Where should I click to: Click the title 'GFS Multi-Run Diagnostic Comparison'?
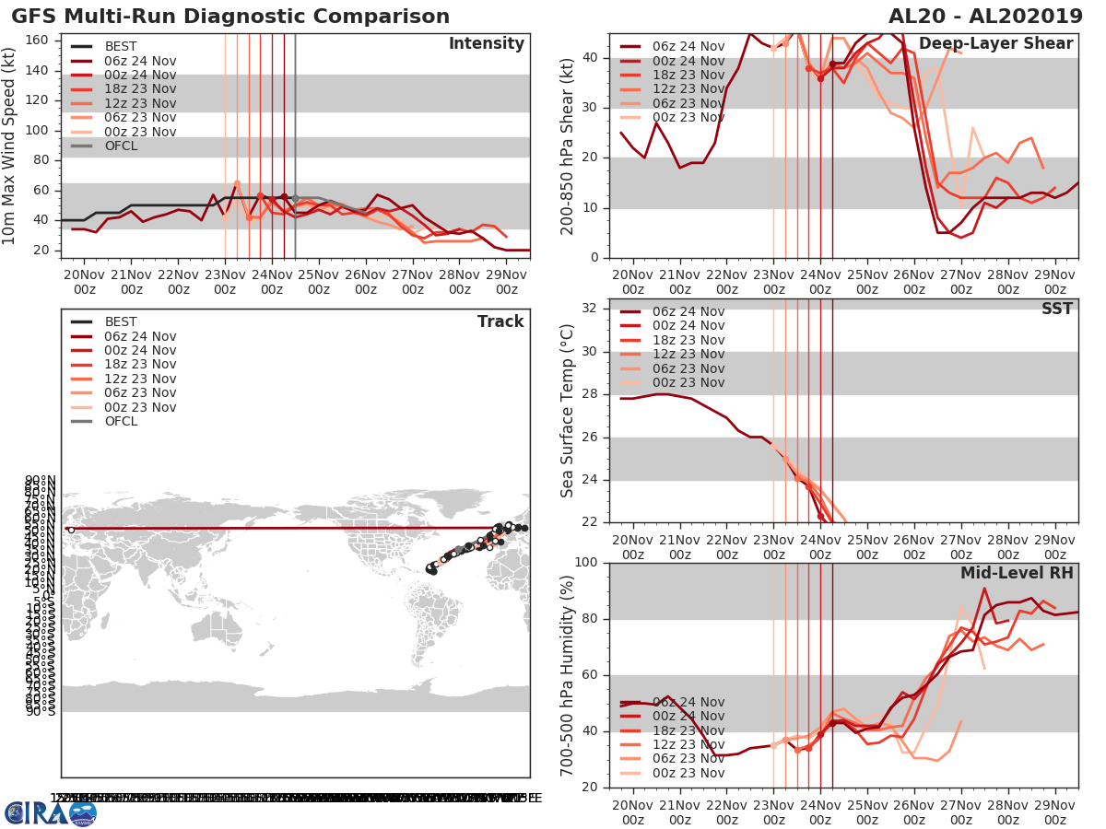click(230, 17)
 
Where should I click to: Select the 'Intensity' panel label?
click(486, 44)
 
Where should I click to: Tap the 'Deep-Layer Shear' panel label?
click(995, 44)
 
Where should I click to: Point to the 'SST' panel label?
click(1057, 309)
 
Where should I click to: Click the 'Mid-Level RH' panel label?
click(1017, 573)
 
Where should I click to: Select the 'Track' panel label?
click(500, 321)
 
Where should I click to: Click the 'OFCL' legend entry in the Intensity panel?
click(121, 146)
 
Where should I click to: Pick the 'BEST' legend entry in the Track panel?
click(121, 321)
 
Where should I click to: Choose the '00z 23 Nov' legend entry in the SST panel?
click(688, 382)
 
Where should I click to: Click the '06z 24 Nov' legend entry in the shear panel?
click(688, 46)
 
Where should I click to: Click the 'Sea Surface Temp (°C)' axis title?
click(567, 411)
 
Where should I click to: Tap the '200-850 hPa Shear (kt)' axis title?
click(567, 146)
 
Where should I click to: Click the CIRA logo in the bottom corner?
click(50, 812)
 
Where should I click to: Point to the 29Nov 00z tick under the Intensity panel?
click(506, 282)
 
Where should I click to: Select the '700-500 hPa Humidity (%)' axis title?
click(567, 674)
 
